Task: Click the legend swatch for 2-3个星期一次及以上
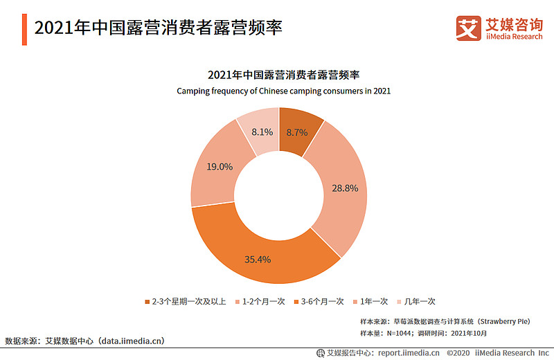coord(146,302)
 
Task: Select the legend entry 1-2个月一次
coord(264,302)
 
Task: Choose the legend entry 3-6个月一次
coord(323,302)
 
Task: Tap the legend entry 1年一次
coord(375,302)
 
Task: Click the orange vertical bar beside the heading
coord(24,29)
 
